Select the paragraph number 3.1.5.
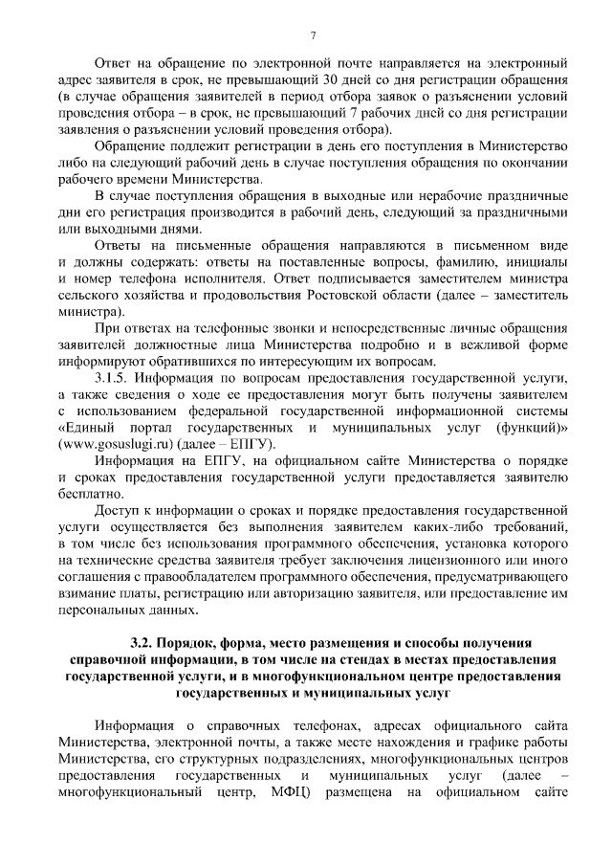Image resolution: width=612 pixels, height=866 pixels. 115,377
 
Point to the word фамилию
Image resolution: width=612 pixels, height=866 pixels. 466,262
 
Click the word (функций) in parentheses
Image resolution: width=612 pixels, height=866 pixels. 527,428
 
